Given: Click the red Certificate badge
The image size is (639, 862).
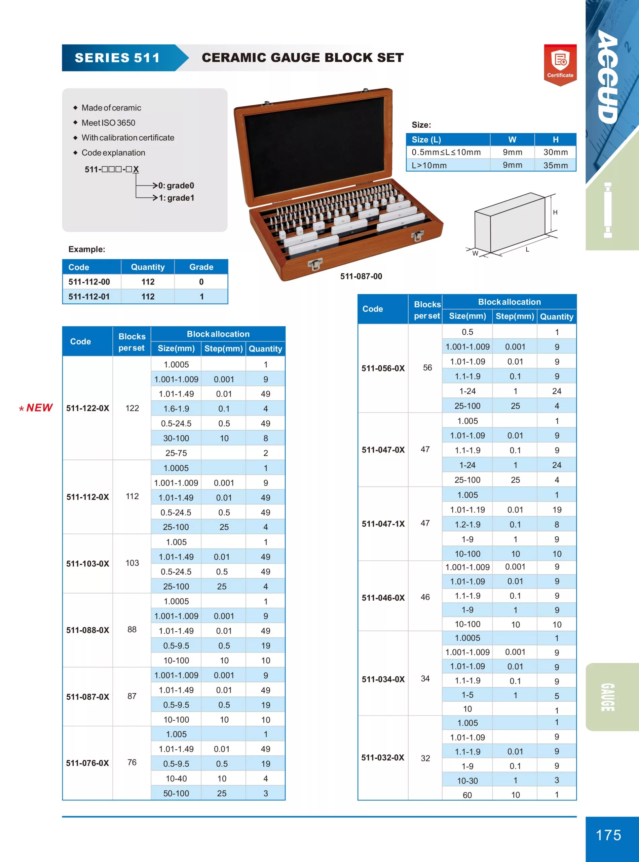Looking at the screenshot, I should coord(560,64).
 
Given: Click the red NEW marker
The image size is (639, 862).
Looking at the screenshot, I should coord(36,408).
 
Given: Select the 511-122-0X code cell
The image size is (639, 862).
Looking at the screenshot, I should coord(88,408).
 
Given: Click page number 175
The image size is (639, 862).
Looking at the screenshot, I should coord(608,835).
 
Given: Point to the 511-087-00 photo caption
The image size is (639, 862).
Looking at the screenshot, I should coord(361,276).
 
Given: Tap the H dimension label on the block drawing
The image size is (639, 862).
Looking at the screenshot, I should coord(555,212).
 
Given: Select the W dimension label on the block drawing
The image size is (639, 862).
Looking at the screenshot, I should coord(475,254).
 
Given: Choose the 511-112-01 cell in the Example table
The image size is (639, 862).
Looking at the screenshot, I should coord(89,297).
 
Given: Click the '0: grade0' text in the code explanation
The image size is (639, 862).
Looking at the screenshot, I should coord(176,186).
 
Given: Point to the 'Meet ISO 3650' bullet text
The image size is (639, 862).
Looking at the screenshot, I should coord(108,123).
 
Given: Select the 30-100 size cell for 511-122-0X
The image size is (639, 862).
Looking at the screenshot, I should coord(176,438).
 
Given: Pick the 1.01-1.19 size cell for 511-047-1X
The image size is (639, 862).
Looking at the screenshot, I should coord(467,509).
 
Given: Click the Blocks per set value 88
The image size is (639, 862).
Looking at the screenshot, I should coord(132,630).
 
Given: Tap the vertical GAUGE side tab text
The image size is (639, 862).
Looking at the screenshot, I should coord(607,697).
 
